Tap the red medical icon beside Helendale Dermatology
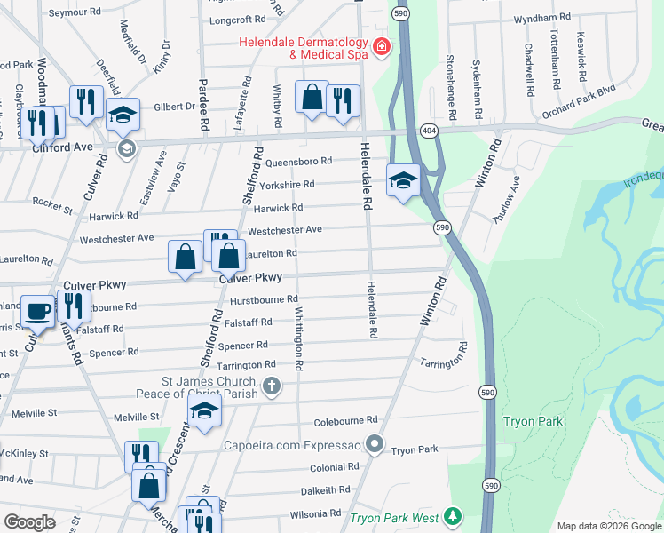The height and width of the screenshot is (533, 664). (382, 46)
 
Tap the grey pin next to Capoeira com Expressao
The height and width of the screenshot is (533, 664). (375, 442)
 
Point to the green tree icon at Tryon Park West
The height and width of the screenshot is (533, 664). (453, 516)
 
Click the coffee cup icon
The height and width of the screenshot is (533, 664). (37, 311)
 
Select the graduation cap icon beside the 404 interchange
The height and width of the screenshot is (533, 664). (403, 181)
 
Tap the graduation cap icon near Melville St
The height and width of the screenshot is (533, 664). (204, 411)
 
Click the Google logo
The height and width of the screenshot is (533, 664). (30, 521)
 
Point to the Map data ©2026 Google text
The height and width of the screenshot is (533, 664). (608, 525)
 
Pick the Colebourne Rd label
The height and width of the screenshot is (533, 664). (344, 420)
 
